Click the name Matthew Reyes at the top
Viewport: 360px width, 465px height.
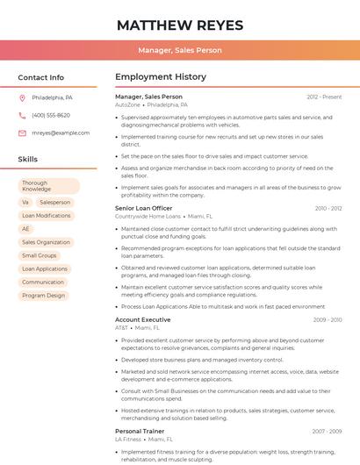point(179,24)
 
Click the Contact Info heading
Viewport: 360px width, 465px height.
point(41,77)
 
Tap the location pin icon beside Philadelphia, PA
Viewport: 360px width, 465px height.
point(23,97)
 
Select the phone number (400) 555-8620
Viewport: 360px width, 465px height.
point(51,115)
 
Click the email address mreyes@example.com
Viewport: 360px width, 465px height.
point(61,133)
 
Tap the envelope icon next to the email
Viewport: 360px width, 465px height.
point(23,133)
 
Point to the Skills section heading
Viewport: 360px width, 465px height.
point(28,160)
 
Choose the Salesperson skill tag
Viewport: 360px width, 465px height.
point(55,202)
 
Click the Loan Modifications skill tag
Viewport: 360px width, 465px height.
point(47,215)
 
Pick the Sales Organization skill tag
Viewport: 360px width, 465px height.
point(46,242)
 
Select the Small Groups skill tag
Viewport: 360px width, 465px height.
point(40,255)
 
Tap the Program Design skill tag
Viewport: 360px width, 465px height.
point(44,296)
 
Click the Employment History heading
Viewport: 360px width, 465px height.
point(161,77)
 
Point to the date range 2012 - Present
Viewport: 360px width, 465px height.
point(324,97)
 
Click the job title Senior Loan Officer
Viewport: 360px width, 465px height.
point(144,208)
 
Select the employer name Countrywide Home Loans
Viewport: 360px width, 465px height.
point(148,216)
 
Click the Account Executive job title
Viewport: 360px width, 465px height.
point(143,319)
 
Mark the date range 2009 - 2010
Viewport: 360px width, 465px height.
point(328,320)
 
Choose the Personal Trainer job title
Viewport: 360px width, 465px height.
point(140,431)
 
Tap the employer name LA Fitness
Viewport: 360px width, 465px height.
point(128,439)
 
